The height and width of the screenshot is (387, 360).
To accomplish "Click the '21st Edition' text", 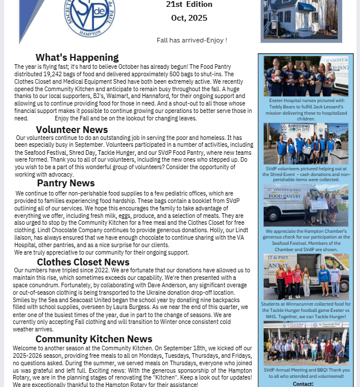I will coord(189,5).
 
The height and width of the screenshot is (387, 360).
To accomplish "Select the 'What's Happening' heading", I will coord(77,57).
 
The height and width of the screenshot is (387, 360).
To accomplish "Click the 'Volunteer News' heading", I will coord(72,130).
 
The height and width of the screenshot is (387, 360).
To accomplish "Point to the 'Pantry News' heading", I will coord(66,183).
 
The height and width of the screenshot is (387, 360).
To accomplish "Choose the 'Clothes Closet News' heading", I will coord(83,262).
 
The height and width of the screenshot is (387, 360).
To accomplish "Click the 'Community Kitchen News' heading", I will coord(93,339).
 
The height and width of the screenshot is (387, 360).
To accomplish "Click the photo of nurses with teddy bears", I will coord(306,76).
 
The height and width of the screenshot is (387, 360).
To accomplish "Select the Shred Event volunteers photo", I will coord(306,144).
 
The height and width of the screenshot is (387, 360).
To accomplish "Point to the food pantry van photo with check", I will coord(306,205).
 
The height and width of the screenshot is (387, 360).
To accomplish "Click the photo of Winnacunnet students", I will coord(306,277).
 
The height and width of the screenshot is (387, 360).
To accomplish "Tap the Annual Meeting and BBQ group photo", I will coord(306,343).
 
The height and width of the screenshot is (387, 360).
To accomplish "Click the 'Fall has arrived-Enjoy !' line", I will coord(191,40).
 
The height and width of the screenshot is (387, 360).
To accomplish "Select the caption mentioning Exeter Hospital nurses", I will coord(306,109).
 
